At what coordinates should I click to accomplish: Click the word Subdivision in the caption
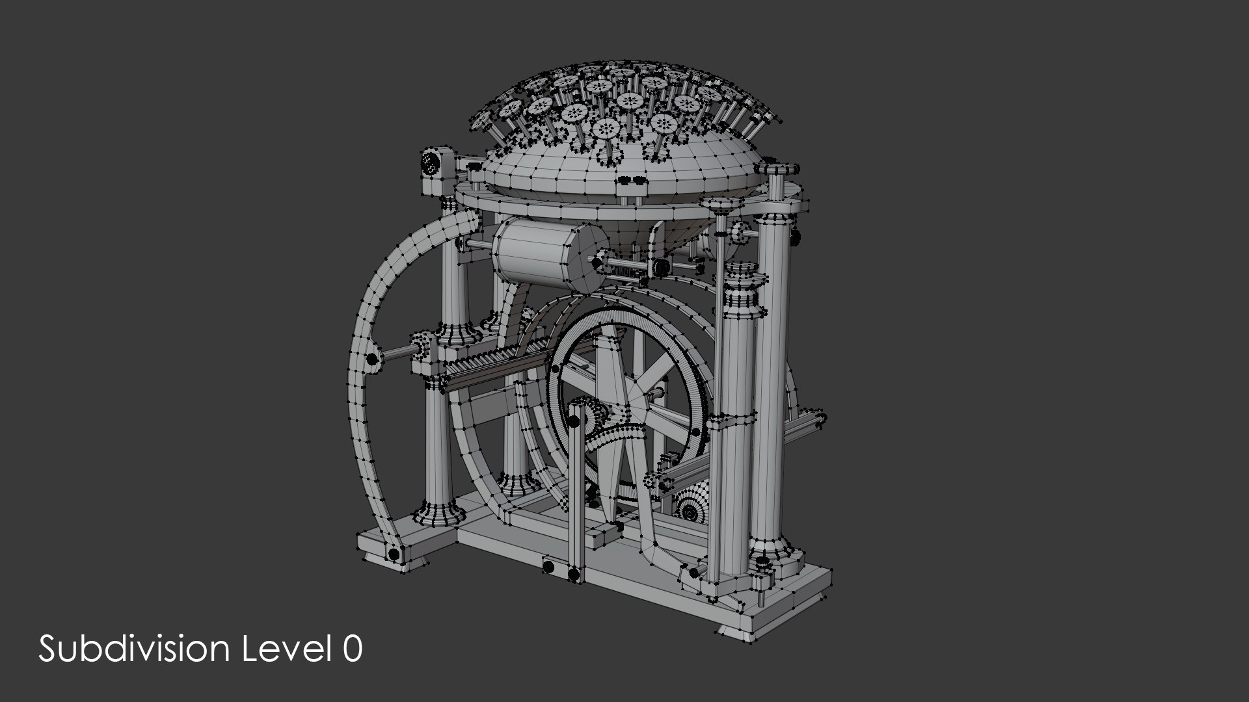[133, 649]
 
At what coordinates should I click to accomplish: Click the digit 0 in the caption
[352, 649]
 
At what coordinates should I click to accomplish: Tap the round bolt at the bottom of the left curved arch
[394, 554]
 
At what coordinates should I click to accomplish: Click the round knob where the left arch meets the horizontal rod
[373, 359]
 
